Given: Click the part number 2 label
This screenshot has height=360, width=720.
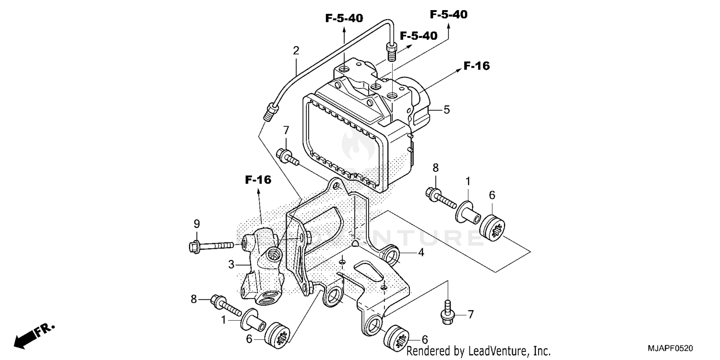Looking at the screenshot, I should coord(296,50).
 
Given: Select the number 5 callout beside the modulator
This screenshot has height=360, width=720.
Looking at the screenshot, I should coord(446,109).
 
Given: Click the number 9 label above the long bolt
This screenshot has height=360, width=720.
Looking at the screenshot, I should coord(196,224).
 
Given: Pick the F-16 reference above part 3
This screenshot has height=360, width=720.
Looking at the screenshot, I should coord(258,180).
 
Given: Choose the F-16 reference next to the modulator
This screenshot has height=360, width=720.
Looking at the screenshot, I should coord(476,66).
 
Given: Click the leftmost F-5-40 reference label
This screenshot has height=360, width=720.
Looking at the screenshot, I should coord(344,18).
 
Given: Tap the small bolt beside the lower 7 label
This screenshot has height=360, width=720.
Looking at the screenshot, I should coord(447,310).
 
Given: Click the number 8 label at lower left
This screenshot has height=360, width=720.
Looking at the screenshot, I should coord(194,299).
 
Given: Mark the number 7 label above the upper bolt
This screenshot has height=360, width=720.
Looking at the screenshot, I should coord(286,130).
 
